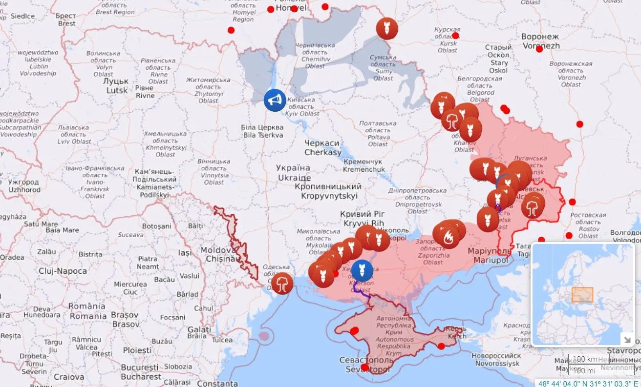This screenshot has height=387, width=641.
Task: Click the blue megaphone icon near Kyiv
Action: point(275,100)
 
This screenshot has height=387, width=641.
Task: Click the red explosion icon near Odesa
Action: point(282,283)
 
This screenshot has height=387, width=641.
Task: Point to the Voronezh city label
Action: point(540,41)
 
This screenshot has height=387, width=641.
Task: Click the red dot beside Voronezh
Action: point(539,49)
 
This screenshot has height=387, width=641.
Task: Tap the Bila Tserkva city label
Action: point(262,131)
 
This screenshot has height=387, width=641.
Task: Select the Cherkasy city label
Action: point(322,147)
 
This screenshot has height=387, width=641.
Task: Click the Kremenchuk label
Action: point(363,165)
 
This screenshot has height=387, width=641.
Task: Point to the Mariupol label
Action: point(490,255)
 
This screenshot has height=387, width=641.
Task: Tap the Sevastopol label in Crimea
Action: point(365,365)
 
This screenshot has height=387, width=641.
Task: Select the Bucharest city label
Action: point(141,371)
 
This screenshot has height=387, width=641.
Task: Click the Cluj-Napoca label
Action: point(64,271)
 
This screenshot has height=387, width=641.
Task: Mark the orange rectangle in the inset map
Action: point(582,294)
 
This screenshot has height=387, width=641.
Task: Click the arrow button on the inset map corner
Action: point(626,339)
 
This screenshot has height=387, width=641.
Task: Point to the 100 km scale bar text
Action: point(585,359)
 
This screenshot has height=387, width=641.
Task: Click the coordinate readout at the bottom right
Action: point(589,383)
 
